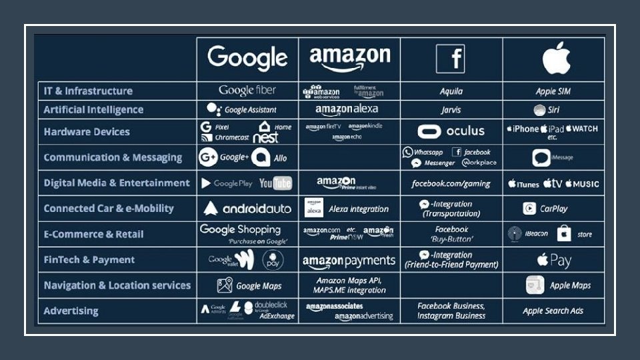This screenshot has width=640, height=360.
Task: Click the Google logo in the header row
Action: [x=247, y=59]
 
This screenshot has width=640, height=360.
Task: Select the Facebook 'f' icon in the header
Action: [x=451, y=59]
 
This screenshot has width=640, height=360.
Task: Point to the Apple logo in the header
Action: [x=556, y=58]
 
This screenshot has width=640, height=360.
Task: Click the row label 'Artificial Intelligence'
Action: [x=93, y=110]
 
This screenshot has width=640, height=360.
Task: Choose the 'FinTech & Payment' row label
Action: [x=89, y=260]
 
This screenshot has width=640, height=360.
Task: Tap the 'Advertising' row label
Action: [x=71, y=311]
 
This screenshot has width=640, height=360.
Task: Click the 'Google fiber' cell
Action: [x=247, y=91]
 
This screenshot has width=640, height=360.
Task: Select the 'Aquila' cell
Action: [x=451, y=91]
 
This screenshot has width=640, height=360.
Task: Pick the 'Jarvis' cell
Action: [x=451, y=110]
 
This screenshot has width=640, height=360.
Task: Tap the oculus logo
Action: [x=451, y=131]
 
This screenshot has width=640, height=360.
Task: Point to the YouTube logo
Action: [x=275, y=183]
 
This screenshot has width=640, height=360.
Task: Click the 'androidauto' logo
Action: [x=247, y=209]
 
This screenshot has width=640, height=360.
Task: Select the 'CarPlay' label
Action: [x=553, y=209]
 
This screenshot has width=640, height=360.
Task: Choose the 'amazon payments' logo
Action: [x=349, y=261]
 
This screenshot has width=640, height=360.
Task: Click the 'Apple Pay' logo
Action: [x=554, y=260]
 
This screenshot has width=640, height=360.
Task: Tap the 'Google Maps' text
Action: [x=259, y=286]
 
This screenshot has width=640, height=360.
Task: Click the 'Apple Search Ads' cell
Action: [x=553, y=311]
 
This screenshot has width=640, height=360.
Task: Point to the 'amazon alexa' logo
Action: [x=347, y=110]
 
